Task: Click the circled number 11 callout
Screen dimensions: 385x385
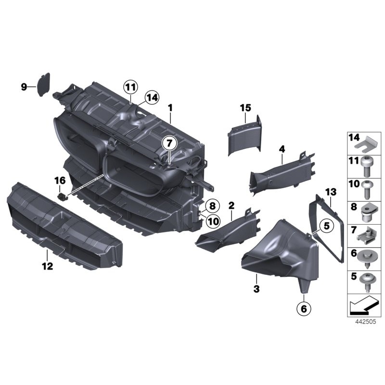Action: coord(129,87)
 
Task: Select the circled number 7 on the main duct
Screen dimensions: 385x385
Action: coord(169,143)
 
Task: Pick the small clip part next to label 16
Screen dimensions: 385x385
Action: coord(62,196)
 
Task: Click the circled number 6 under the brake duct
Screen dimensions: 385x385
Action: coord(304,308)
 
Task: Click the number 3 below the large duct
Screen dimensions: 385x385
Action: coord(257,289)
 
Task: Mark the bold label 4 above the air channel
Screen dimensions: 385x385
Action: coord(282,149)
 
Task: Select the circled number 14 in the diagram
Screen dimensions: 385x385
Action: coord(151,97)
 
